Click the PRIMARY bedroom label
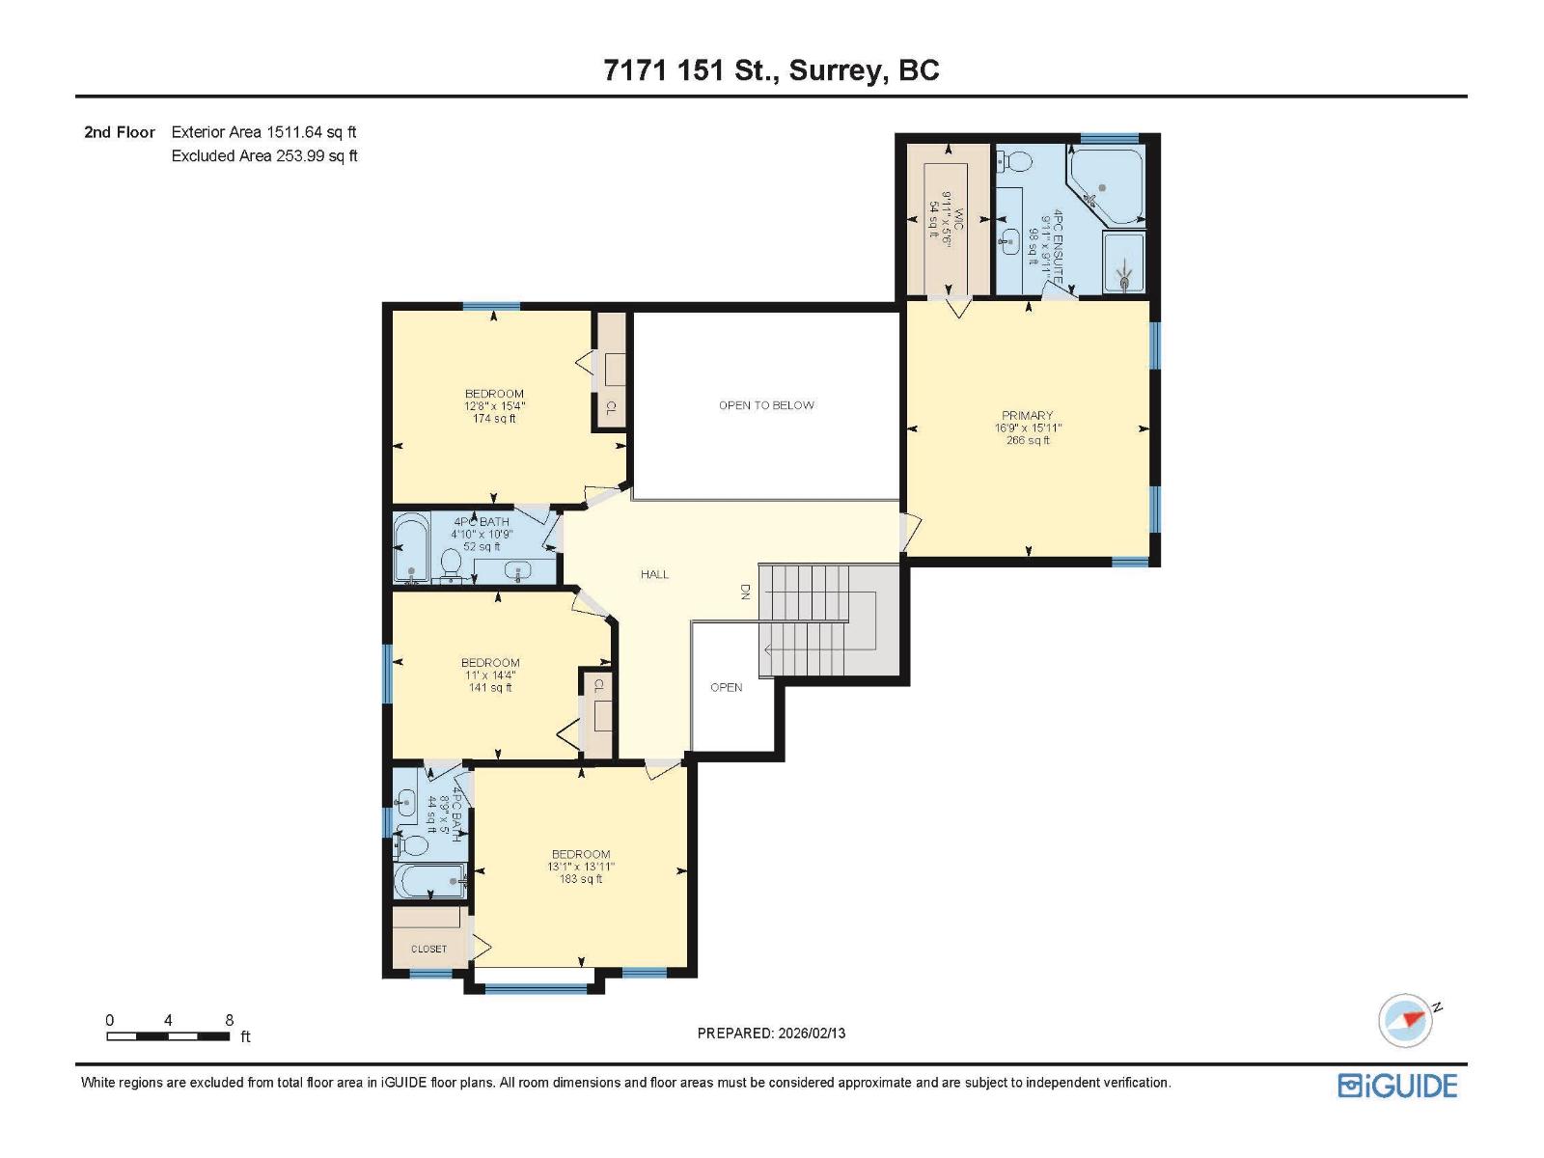(x=1027, y=416)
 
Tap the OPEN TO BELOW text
(x=766, y=405)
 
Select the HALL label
(x=654, y=574)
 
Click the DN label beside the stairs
(x=745, y=592)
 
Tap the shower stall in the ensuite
(x=1124, y=262)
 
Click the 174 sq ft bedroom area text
(x=494, y=419)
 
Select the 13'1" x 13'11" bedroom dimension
(x=581, y=867)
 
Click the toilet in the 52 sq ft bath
(x=451, y=564)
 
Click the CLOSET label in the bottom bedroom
(x=428, y=949)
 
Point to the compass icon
(x=1405, y=1021)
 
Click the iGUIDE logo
(x=1397, y=1086)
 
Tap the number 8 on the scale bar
(x=229, y=1020)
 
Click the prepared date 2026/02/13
(x=810, y=1033)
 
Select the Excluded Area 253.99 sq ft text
(x=264, y=156)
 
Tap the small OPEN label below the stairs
(x=726, y=687)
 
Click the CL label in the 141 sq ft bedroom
(x=598, y=686)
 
